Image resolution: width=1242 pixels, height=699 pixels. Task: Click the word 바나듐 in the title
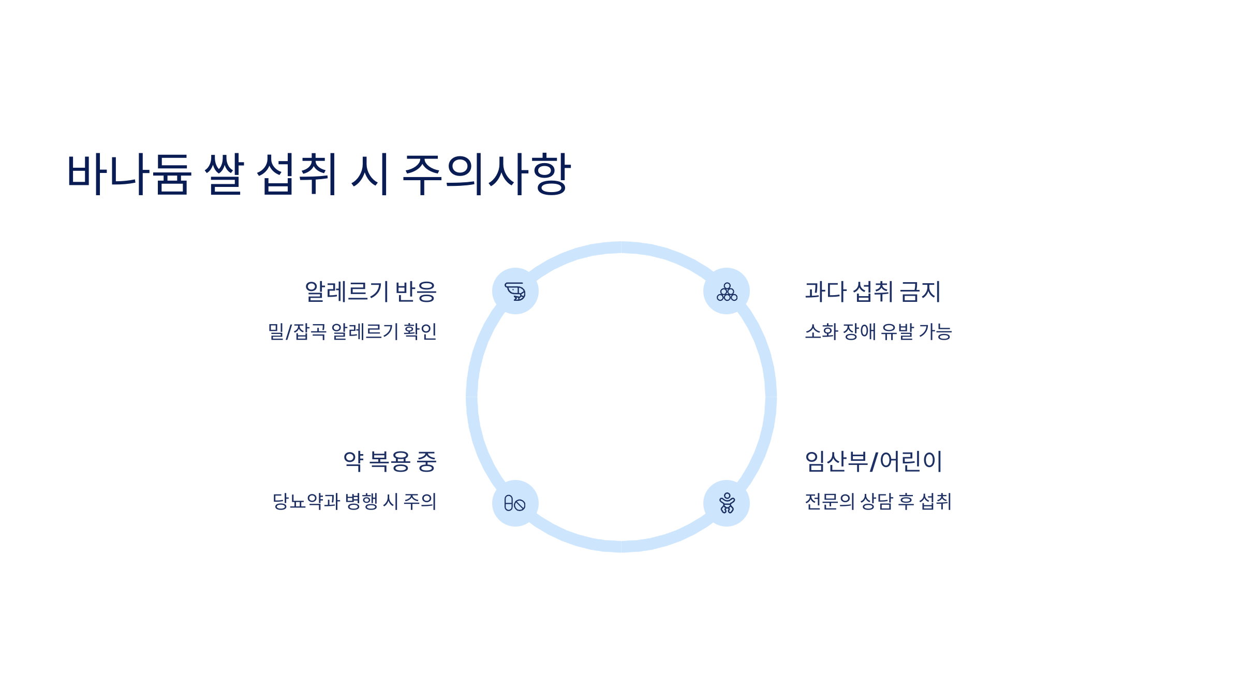coord(129,174)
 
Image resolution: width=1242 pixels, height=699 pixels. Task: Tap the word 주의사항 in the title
coord(486,174)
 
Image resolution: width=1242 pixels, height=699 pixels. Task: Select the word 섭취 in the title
coord(298,174)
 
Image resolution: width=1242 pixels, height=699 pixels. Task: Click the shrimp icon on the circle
coord(515,291)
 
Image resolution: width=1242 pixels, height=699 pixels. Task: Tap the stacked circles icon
coord(727,291)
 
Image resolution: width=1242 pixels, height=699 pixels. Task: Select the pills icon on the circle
coord(515,503)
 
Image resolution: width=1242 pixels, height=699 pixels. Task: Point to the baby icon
coord(727,503)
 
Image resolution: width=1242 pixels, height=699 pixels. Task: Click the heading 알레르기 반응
coord(371,292)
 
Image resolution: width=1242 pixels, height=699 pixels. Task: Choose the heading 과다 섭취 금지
coord(873,292)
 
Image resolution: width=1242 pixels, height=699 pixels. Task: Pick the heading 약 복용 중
coord(390,461)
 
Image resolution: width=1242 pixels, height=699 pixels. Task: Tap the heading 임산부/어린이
coord(874,461)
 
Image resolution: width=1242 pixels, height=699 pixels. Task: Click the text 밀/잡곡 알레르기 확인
coord(352,331)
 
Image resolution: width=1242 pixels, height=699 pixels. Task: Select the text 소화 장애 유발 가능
coord(878,331)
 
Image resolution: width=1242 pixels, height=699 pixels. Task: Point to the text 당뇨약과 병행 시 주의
coord(354,501)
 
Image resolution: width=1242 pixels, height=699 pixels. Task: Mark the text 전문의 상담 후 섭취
coord(878,501)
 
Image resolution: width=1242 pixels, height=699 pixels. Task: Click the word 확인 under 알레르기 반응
coord(420,331)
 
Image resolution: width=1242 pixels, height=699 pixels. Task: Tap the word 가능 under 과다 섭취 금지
coord(935,331)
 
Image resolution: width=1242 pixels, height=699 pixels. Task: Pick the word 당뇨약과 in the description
coord(306,501)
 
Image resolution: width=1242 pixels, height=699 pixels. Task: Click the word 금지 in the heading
coord(920,292)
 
